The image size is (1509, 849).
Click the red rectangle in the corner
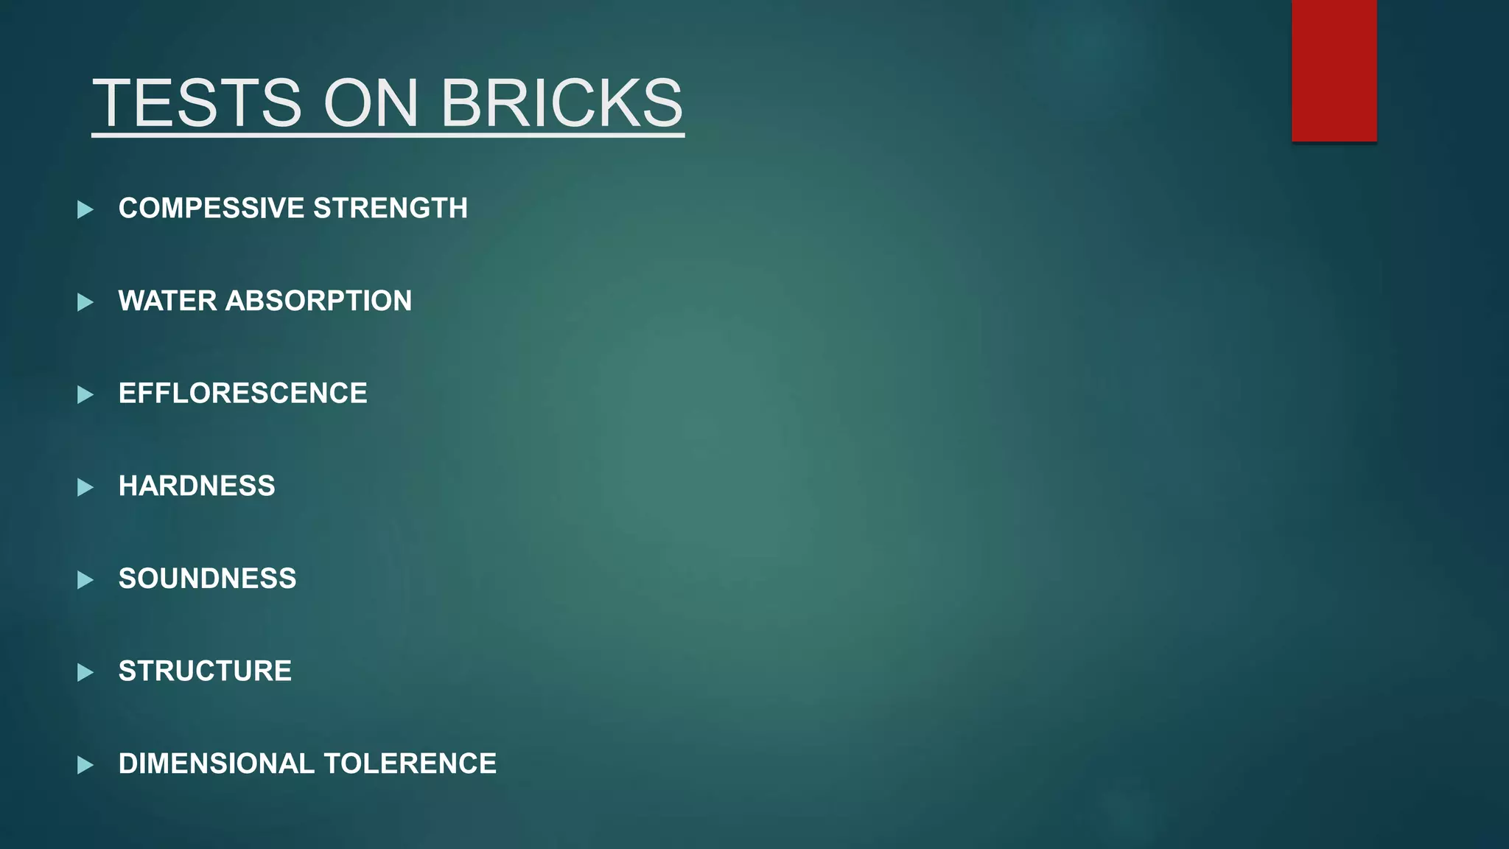(1334, 71)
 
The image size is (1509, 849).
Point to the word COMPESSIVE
(211, 209)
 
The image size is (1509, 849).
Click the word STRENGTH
(391, 209)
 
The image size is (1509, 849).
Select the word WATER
(167, 301)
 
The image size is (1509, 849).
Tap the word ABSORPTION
(318, 301)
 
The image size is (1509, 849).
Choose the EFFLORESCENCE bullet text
(242, 394)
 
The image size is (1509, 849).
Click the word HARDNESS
(197, 486)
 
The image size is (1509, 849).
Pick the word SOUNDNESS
(207, 579)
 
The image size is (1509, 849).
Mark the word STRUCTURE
(205, 671)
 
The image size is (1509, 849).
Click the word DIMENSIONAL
(217, 764)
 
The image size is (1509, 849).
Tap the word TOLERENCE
(410, 764)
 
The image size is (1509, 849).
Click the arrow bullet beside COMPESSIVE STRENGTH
(85, 210)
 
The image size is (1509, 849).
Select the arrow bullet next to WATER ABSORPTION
(85, 302)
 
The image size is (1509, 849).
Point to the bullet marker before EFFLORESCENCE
(85, 395)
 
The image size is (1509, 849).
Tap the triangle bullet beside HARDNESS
(85, 487)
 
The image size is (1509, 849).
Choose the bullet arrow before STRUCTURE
(85, 672)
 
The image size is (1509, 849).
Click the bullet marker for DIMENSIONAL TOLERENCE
(85, 765)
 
